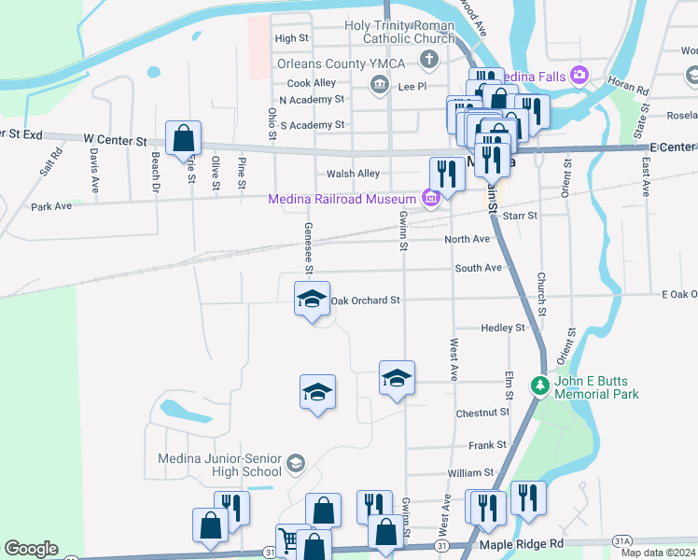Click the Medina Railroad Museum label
click(341, 199)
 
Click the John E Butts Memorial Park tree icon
click(539, 385)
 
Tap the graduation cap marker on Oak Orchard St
click(312, 300)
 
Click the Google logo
click(31, 549)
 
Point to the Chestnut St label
click(482, 413)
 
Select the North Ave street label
click(467, 239)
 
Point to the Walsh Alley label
click(354, 174)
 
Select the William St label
click(469, 474)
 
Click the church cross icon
click(428, 61)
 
